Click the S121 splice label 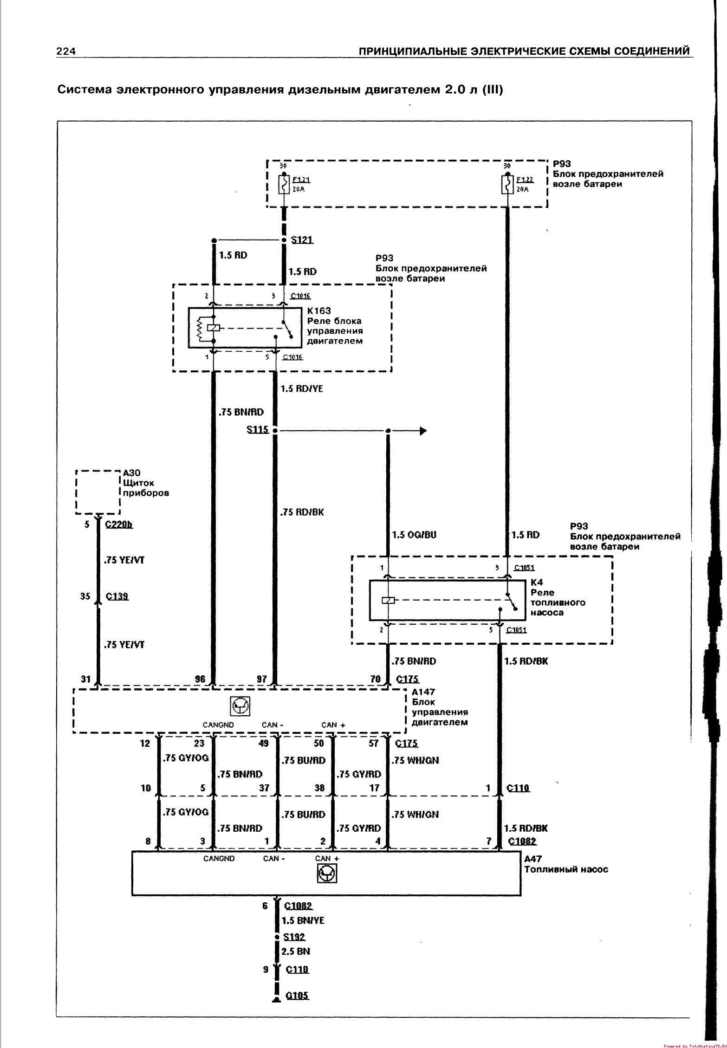point(302,240)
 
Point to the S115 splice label point(258,429)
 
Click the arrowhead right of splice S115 point(422,431)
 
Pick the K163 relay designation point(319,311)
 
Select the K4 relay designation point(537,582)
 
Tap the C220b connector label point(119,524)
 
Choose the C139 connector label point(117,596)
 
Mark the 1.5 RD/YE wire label point(302,388)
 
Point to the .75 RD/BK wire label point(302,512)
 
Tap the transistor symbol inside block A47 point(327,874)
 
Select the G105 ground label point(297,996)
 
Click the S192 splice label point(294,937)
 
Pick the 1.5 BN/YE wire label point(303,920)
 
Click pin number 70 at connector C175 point(375,679)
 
